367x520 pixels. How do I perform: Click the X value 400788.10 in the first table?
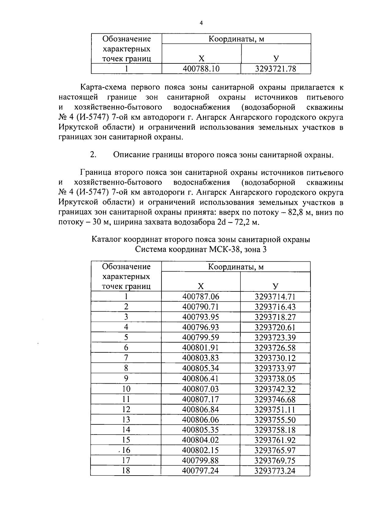pyautogui.click(x=201, y=69)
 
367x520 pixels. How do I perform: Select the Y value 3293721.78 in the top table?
pyautogui.click(x=276, y=69)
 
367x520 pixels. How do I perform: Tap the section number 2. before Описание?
pyautogui.click(x=94, y=155)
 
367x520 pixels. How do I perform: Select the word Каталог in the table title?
pyautogui.click(x=106, y=239)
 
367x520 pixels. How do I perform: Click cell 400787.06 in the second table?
pyautogui.click(x=201, y=297)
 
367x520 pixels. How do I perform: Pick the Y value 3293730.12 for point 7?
pyautogui.click(x=275, y=358)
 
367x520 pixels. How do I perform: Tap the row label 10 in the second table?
pyautogui.click(x=126, y=389)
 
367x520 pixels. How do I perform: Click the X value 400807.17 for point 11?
pyautogui.click(x=201, y=399)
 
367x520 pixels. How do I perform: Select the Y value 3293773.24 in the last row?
pyautogui.click(x=275, y=471)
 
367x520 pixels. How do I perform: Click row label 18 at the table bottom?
pyautogui.click(x=126, y=471)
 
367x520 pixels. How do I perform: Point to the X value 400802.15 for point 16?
pyautogui.click(x=201, y=450)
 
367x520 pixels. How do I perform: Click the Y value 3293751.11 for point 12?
pyautogui.click(x=275, y=410)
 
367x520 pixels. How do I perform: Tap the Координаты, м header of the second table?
pyautogui.click(x=235, y=267)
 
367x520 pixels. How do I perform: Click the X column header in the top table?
pyautogui.click(x=201, y=59)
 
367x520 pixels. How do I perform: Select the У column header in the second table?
pyautogui.click(x=275, y=286)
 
